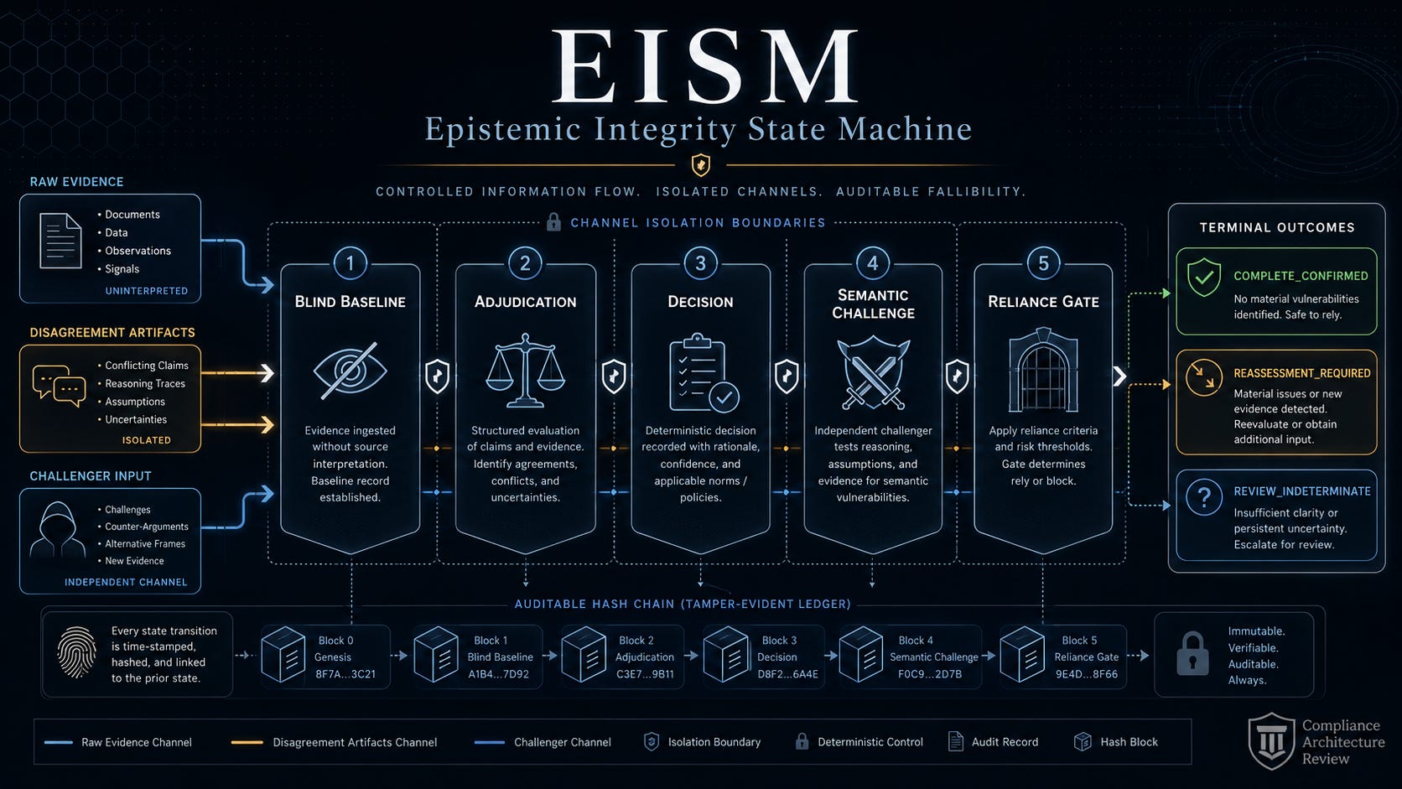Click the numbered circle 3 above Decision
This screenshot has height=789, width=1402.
click(x=700, y=263)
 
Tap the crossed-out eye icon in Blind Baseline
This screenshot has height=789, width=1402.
click(x=350, y=371)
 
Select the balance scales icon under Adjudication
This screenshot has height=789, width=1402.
click(x=525, y=371)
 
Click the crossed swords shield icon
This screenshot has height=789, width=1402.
click(x=873, y=373)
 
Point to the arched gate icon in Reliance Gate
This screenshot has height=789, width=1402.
click(x=1043, y=370)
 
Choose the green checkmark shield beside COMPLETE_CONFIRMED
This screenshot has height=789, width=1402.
click(x=1204, y=278)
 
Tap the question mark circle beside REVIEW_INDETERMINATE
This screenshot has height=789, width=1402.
click(x=1203, y=497)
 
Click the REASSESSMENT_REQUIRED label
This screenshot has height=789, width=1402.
click(x=1302, y=373)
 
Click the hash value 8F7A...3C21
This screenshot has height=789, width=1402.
click(x=345, y=674)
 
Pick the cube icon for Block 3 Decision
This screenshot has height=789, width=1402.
click(x=726, y=655)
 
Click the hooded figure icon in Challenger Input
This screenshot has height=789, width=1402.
click(x=58, y=529)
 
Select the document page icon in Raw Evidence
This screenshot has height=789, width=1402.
click(x=60, y=241)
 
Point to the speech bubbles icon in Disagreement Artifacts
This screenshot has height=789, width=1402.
click(x=59, y=386)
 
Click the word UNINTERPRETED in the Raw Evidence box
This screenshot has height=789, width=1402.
click(x=147, y=291)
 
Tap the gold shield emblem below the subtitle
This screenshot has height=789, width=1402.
click(x=700, y=165)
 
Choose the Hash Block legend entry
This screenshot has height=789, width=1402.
click(x=1116, y=742)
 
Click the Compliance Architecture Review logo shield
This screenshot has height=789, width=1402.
click(x=1271, y=741)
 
